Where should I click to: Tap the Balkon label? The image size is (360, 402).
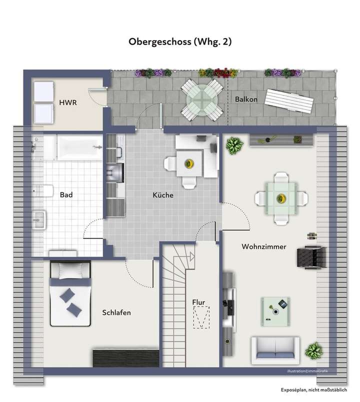(x=246, y=99)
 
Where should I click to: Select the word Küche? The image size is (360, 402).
(x=163, y=195)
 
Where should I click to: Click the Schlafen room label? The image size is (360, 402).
(x=116, y=312)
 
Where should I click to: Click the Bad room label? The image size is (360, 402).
(x=66, y=195)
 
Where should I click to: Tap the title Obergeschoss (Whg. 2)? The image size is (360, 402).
(x=179, y=42)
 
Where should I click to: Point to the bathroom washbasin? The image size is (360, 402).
(x=38, y=218)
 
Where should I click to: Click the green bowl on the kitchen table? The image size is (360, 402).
(x=189, y=163)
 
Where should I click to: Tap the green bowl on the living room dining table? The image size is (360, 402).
(x=280, y=198)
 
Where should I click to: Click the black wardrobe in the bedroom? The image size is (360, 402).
(x=126, y=358)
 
